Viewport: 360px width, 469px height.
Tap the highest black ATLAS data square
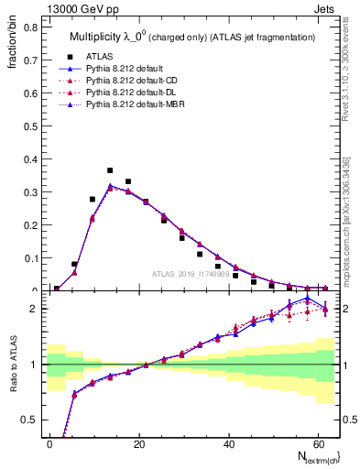[110, 170]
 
